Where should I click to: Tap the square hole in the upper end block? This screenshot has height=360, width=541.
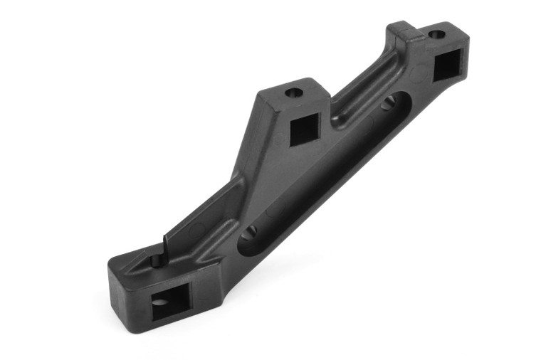[x=449, y=65]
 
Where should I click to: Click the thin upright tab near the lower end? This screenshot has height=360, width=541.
[x=163, y=250]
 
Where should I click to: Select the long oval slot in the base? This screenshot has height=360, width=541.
[x=320, y=171]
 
